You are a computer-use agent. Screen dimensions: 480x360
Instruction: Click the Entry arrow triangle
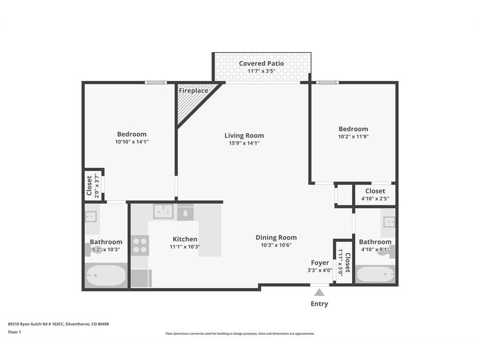319,292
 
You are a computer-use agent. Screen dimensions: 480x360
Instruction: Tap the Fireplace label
194,90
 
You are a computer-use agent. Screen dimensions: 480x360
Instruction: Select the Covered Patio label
262,63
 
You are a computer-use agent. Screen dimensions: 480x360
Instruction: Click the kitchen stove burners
140,246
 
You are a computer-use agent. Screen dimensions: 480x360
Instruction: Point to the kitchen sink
164,211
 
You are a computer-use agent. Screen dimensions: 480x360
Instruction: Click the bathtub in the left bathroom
106,275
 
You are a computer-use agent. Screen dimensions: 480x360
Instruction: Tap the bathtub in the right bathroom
375,274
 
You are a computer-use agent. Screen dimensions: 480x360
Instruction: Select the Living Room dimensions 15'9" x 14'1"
244,143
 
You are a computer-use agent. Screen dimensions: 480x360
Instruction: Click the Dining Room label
276,237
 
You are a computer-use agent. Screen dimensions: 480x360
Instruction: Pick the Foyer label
320,262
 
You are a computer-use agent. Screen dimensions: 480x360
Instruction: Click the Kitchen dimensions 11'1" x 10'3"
185,247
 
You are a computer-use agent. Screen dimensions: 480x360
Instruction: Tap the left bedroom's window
156,82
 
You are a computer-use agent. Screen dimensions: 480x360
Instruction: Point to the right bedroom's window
328,82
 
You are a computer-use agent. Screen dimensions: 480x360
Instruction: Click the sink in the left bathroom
91,217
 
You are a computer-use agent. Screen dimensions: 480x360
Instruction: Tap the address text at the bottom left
59,324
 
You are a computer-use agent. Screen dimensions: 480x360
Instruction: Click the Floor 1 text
15,332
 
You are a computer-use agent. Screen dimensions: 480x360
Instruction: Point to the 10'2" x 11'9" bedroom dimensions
353,136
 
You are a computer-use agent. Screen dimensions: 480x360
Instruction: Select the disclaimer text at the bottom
240,334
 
